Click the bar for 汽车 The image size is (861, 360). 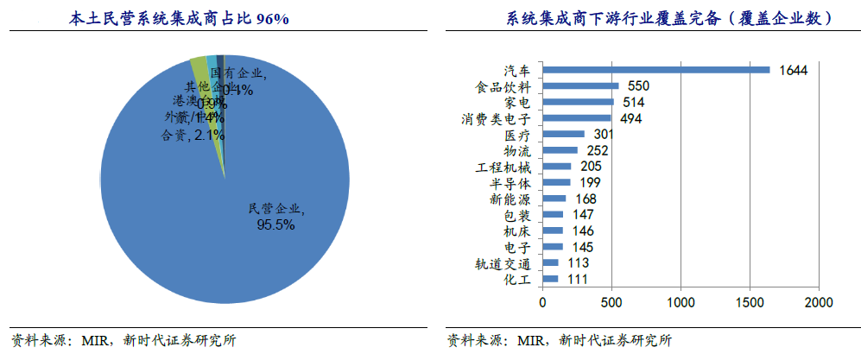coord(656,70)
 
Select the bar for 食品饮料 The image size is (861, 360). coord(580,86)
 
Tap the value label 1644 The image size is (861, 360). coord(792,70)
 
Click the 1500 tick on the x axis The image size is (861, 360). coord(750,303)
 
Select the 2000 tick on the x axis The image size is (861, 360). coord(819,303)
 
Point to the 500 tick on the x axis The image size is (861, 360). coord(611,303)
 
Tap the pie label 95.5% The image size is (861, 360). coord(275,224)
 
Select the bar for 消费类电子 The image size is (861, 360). coord(576,118)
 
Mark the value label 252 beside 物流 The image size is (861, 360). coord(598,150)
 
